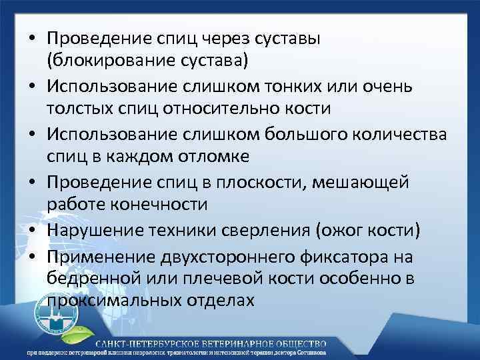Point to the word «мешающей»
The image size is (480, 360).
tap(366, 181)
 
